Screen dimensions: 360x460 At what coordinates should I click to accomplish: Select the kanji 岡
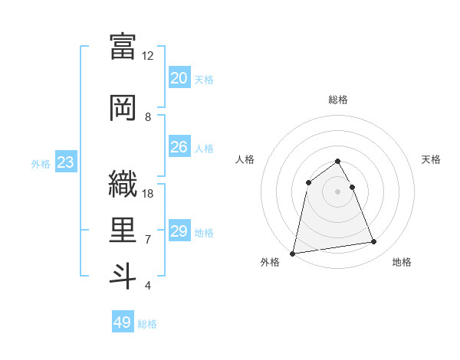(123, 106)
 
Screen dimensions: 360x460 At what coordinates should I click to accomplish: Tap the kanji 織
(123, 184)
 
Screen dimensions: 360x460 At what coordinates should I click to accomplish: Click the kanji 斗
(123, 276)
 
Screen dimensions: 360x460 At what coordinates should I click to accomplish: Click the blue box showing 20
(179, 78)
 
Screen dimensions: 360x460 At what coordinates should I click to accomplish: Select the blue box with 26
(179, 147)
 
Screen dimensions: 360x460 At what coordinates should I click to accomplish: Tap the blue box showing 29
(179, 231)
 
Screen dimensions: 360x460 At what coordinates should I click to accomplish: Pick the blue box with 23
(65, 162)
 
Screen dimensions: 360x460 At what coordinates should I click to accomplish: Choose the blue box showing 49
(122, 322)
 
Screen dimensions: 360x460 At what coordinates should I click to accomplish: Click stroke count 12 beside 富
(147, 56)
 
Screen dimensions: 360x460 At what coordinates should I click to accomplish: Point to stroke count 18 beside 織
(148, 194)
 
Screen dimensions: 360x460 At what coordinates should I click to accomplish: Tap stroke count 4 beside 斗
(147, 286)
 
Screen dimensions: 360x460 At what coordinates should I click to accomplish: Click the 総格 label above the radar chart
(337, 100)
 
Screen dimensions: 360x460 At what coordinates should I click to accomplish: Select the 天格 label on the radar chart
(431, 159)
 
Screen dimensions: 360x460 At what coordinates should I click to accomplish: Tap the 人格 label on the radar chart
(245, 159)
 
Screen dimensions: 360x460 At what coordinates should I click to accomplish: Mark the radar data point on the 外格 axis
(293, 253)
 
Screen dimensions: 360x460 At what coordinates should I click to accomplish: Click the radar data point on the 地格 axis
(374, 242)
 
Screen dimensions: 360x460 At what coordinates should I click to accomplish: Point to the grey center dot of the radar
(337, 191)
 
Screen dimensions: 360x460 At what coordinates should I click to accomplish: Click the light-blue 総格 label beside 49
(147, 324)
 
